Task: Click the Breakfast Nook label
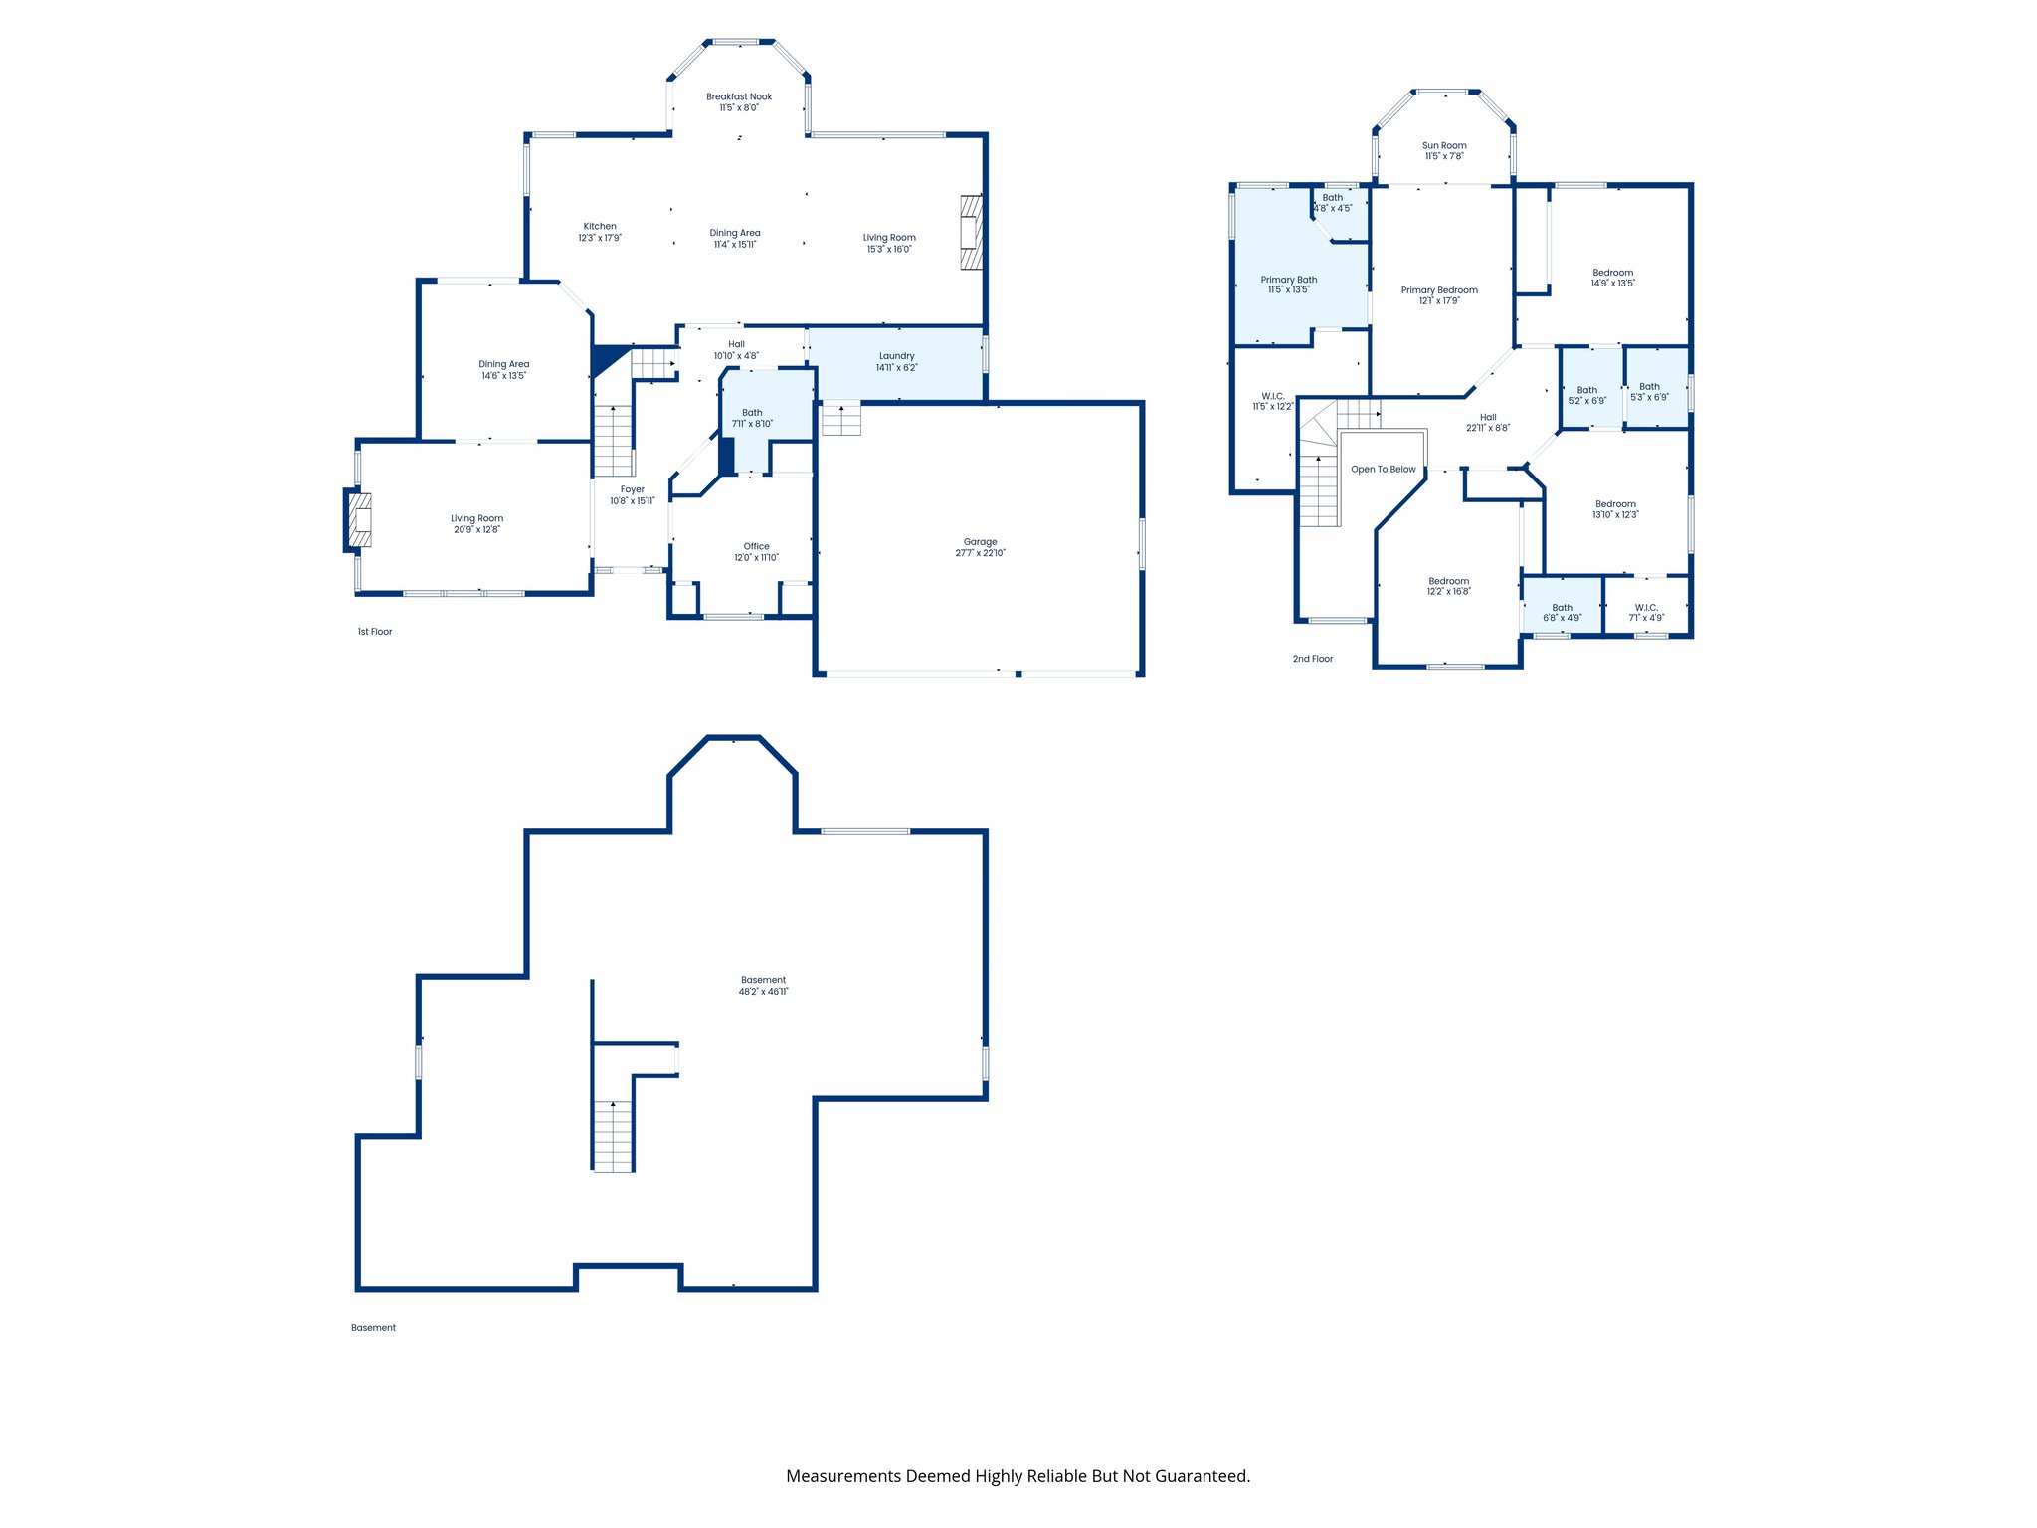pos(739,97)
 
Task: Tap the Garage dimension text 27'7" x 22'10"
pos(980,553)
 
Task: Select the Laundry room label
pos(896,356)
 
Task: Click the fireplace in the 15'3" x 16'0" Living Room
pos(971,233)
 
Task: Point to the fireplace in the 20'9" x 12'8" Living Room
pos(359,520)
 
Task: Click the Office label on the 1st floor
pos(756,546)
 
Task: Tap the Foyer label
pos(633,489)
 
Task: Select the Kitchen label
pos(600,226)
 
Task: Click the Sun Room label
pos(1444,145)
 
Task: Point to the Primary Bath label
pos(1289,280)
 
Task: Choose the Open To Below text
pos(1383,470)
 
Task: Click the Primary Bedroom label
pos(1439,290)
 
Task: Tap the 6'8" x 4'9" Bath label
pos(1563,607)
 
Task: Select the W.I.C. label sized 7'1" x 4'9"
pos(1646,607)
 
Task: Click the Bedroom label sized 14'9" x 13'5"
pos(1612,273)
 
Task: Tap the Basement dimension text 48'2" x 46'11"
pos(763,992)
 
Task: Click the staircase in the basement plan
pos(613,1136)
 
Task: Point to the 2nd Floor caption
pos(1312,659)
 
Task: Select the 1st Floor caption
pos(375,632)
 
